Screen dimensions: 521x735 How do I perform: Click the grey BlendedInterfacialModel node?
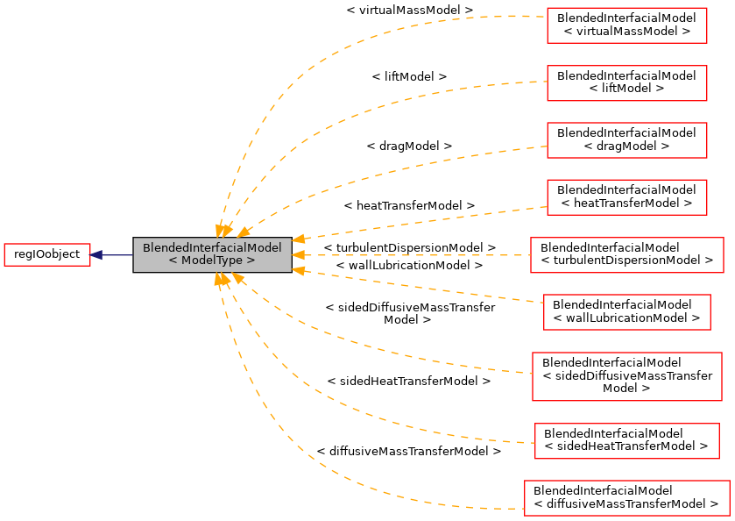(x=212, y=254)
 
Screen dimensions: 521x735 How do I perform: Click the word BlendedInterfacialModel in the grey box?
(x=212, y=248)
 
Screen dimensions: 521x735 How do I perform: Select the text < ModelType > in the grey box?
(x=212, y=261)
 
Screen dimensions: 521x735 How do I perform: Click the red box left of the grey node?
(x=47, y=255)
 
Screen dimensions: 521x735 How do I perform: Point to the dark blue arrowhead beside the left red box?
(x=97, y=255)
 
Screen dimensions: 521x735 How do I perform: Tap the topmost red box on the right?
(x=626, y=25)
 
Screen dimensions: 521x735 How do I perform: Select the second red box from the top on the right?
(x=626, y=83)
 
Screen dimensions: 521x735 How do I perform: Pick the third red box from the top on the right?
(x=626, y=140)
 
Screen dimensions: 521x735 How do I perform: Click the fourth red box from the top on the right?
(x=626, y=197)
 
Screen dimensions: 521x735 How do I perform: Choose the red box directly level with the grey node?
(x=627, y=255)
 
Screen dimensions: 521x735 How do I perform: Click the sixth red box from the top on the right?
(x=626, y=312)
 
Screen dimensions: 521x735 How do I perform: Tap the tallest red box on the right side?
(x=627, y=376)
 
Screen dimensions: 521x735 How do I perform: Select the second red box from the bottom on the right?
(x=626, y=440)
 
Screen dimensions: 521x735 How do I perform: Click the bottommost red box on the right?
(x=626, y=498)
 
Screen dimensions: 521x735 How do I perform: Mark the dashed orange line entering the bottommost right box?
(x=456, y=506)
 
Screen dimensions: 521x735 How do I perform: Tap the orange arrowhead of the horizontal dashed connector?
(x=298, y=255)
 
